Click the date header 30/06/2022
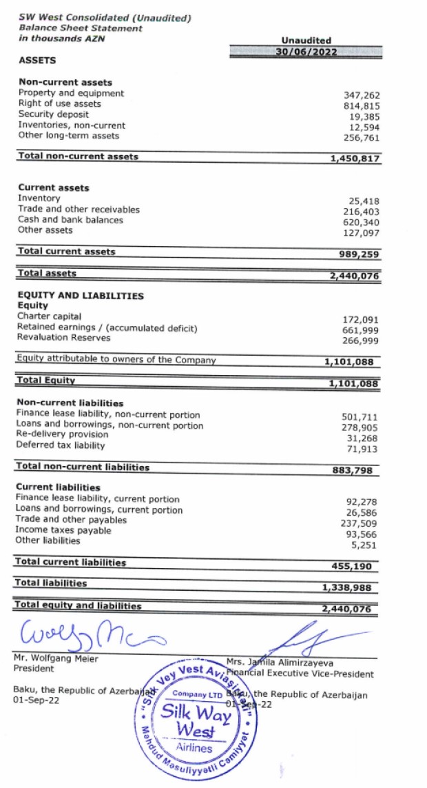click(307, 52)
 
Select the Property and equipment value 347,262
click(362, 95)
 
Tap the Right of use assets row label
click(59, 104)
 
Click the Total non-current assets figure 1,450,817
click(355, 159)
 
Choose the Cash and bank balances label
click(70, 220)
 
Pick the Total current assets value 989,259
click(358, 254)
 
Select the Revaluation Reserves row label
click(63, 338)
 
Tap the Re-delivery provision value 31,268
click(365, 439)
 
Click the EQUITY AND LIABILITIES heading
click(81, 296)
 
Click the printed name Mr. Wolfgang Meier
click(56, 658)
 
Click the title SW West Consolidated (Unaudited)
click(105, 17)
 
